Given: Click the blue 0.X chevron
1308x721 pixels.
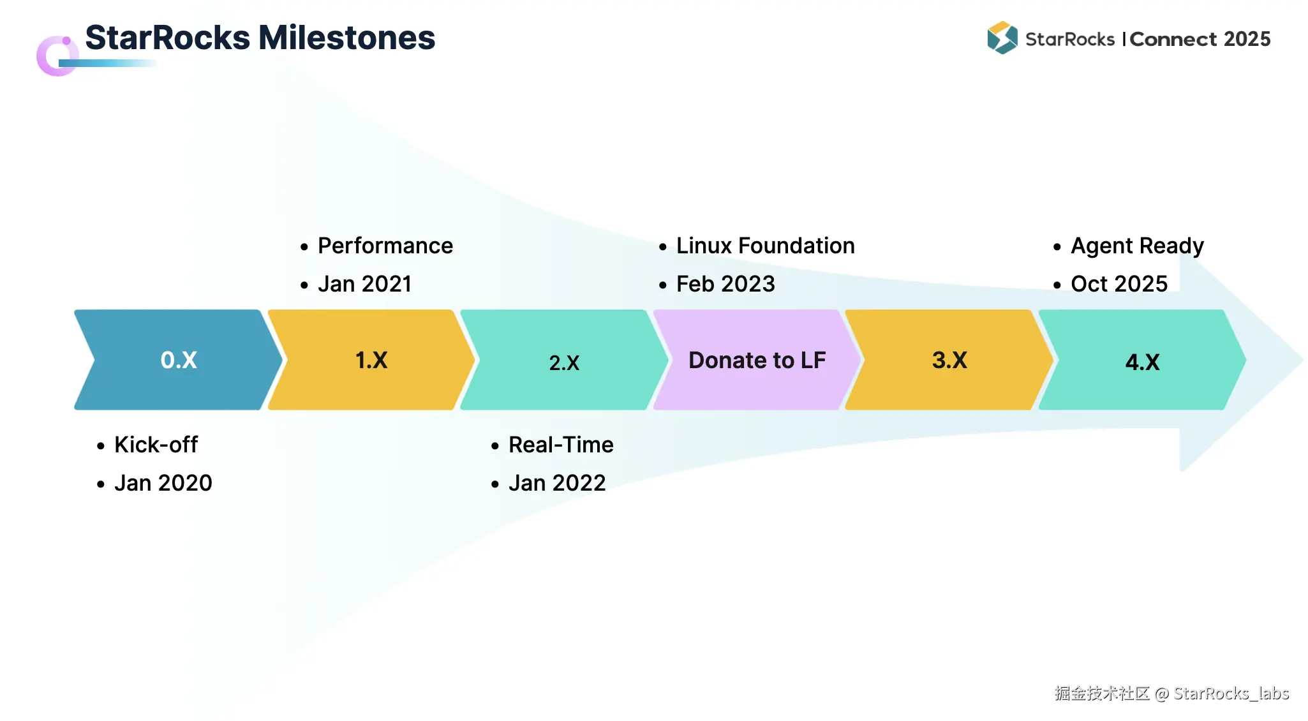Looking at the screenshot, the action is pyautogui.click(x=179, y=360).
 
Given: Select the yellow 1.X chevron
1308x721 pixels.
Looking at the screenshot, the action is pyautogui.click(x=371, y=360).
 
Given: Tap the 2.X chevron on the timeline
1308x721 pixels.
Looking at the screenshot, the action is pyautogui.click(x=564, y=360).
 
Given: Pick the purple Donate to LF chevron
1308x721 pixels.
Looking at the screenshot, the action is pyautogui.click(x=757, y=360).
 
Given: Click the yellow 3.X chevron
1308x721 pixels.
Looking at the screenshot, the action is pyautogui.click(x=949, y=360).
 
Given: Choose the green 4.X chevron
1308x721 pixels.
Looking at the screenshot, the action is pyautogui.click(x=1142, y=360).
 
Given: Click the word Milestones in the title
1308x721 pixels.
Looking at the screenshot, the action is pyautogui.click(x=347, y=37).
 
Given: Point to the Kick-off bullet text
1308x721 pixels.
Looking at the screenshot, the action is pyautogui.click(x=156, y=445).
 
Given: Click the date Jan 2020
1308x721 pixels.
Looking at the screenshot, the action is pyautogui.click(x=163, y=483).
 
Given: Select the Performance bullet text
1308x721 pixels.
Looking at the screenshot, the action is pyautogui.click(x=385, y=246).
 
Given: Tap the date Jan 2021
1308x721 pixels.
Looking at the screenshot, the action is pyautogui.click(x=365, y=284).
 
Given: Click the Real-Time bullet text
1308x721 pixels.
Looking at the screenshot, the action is pyautogui.click(x=561, y=445).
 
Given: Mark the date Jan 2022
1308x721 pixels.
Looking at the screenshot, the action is pyautogui.click(x=557, y=483).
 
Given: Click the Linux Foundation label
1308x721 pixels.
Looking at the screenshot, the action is pyautogui.click(x=766, y=246).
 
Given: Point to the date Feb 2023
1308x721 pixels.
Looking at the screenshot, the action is pyautogui.click(x=725, y=284).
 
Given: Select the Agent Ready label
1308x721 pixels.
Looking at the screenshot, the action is pyautogui.click(x=1138, y=246).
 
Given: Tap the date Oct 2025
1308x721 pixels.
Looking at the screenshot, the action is pyautogui.click(x=1119, y=284).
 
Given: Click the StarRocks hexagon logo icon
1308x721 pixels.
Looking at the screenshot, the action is pyautogui.click(x=1002, y=38).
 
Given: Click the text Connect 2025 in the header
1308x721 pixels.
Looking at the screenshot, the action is pyautogui.click(x=1200, y=39).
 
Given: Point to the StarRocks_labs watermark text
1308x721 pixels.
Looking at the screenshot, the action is pyautogui.click(x=1231, y=694).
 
